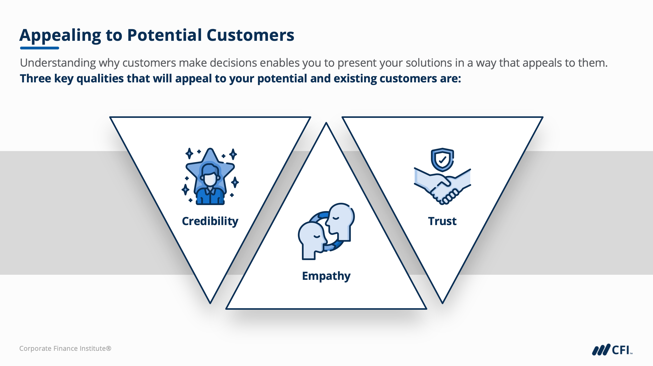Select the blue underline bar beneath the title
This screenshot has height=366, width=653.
tap(40, 48)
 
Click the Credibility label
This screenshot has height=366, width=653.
tap(210, 221)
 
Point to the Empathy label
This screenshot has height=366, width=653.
tap(326, 276)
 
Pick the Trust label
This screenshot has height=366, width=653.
tap(442, 221)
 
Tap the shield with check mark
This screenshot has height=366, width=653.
tap(442, 160)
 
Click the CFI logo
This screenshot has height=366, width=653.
tap(612, 350)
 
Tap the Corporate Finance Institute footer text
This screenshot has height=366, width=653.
tap(65, 349)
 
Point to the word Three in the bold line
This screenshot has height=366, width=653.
tap(36, 79)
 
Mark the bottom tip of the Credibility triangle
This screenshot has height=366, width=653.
tap(210, 303)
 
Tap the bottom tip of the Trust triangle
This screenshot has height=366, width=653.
tap(442, 303)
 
